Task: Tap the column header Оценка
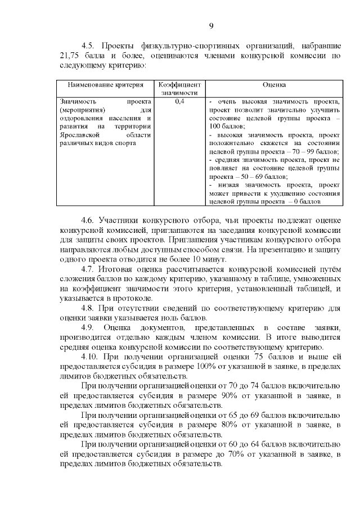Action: click(274, 84)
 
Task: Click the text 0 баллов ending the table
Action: click(307, 201)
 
